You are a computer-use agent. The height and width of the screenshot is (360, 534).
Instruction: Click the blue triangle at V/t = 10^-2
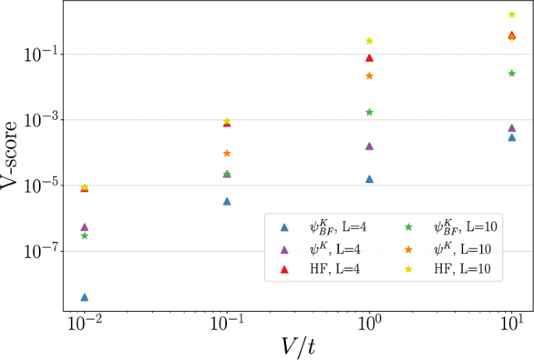coord(84,297)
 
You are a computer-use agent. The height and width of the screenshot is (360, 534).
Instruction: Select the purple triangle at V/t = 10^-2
coord(84,227)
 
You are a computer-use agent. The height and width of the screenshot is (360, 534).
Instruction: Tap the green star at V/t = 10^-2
coord(84,235)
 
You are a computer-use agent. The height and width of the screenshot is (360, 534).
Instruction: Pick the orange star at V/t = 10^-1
coord(227,154)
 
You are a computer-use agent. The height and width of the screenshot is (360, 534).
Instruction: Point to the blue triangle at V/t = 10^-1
coord(227,201)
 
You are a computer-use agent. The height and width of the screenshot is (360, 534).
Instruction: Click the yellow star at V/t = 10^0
coord(370,41)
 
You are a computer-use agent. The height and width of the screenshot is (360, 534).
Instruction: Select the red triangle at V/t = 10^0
coord(370,58)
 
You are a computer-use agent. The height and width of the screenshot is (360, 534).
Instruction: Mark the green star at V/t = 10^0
coord(370,112)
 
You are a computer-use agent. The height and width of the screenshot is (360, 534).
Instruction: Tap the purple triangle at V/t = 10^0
coord(370,146)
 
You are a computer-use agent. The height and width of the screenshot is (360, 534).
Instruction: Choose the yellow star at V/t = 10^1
coord(512,15)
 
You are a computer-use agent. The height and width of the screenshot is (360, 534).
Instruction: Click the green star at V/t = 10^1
coord(512,73)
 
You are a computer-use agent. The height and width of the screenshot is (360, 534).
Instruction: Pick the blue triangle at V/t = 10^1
coord(512,137)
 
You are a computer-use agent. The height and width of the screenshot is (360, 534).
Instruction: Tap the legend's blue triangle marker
coord(285,227)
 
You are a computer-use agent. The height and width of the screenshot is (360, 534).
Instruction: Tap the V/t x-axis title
coord(298,345)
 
